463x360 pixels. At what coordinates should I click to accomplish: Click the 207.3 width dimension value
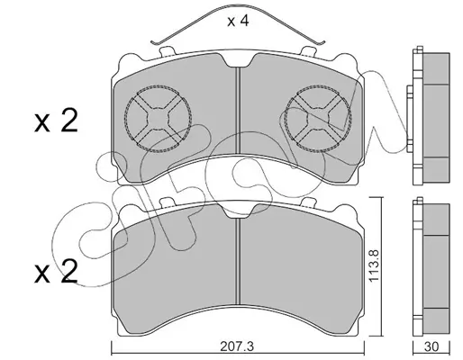pos(237,346)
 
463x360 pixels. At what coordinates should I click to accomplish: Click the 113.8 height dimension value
pos(375,265)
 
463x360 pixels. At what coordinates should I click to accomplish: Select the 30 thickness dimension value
pos(431,346)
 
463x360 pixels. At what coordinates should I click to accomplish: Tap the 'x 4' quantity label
pos(238,21)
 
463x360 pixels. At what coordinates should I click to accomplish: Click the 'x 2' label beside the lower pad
pos(56,272)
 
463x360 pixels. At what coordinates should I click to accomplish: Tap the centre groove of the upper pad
pos(238,111)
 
